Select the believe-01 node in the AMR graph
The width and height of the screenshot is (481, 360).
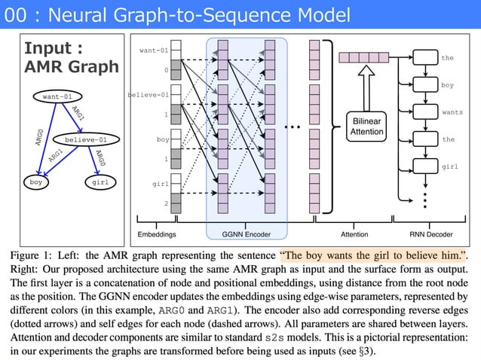click(85, 139)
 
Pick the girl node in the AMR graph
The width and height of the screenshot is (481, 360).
click(99, 182)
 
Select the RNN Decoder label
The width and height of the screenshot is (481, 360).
click(430, 235)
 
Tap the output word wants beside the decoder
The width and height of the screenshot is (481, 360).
click(452, 112)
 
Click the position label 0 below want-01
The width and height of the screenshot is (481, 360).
click(166, 71)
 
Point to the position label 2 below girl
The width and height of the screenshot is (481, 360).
click(166, 204)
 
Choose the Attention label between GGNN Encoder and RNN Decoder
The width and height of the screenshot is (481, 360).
click(354, 235)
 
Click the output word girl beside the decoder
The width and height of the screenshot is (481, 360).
click(449, 166)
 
